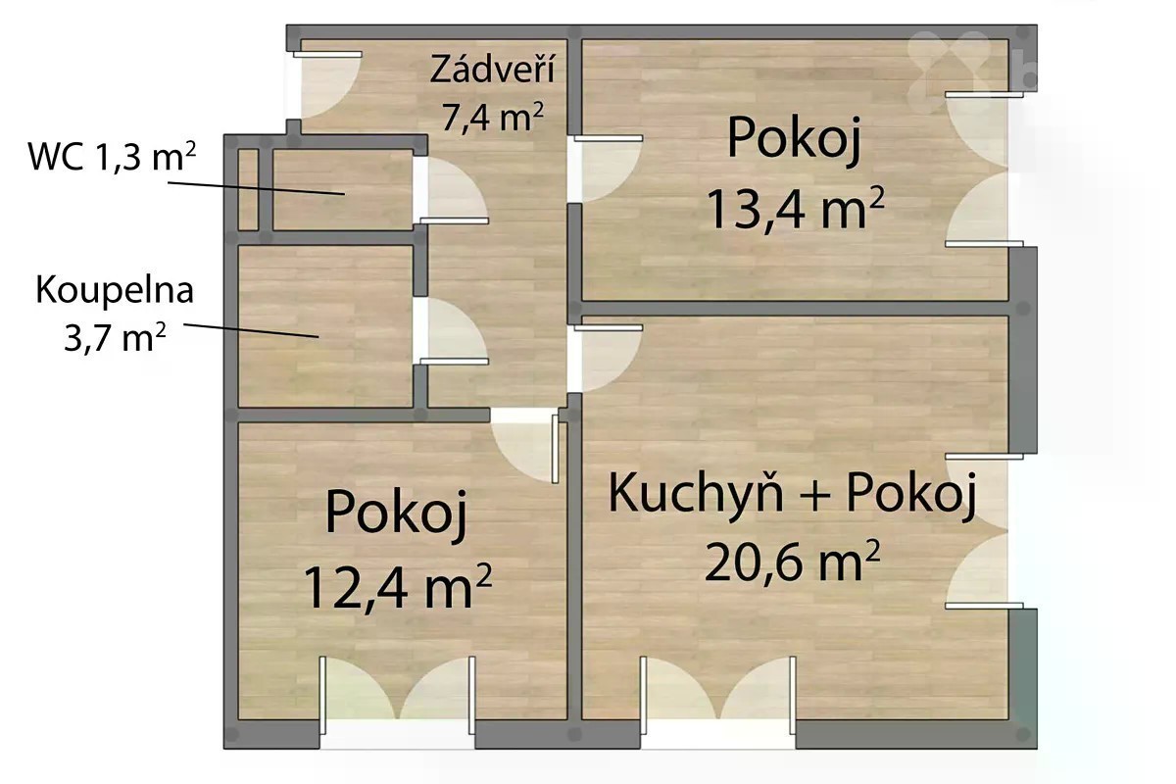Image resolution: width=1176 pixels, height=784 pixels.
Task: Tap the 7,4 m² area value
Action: (x=492, y=116)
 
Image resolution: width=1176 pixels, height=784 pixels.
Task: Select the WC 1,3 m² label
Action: (x=112, y=156)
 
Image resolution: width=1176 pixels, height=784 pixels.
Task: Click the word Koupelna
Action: (x=115, y=290)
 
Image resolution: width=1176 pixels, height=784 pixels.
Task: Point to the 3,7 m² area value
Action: (x=115, y=336)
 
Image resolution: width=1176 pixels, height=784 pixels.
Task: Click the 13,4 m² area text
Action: (x=795, y=208)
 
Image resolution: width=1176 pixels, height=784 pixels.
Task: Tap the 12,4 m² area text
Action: (x=397, y=586)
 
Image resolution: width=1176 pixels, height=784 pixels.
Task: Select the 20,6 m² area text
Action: (x=792, y=562)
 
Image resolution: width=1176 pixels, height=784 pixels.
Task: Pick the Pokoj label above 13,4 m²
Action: (x=795, y=138)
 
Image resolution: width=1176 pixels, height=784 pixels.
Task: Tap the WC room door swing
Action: (x=452, y=190)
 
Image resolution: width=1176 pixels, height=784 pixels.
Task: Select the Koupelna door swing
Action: (x=452, y=331)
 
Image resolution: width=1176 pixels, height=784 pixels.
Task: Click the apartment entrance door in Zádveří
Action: (x=327, y=84)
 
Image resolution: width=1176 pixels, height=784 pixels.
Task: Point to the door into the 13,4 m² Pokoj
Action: (x=607, y=169)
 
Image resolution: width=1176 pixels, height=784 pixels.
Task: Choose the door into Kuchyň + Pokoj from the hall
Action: (x=607, y=359)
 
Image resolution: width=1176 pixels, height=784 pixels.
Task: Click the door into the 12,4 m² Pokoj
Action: (x=525, y=446)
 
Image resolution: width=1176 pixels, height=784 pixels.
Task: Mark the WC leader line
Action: (x=256, y=188)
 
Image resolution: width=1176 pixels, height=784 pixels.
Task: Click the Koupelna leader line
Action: (x=251, y=330)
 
